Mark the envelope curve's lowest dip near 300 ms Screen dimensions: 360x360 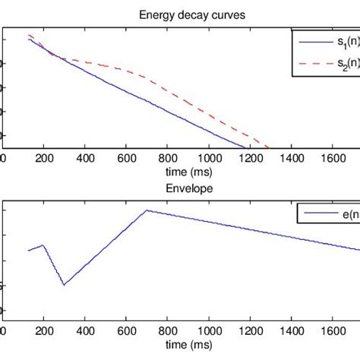point(64,285)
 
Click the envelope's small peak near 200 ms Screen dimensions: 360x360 point(43,245)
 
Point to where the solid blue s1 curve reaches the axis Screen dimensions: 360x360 point(245,148)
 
